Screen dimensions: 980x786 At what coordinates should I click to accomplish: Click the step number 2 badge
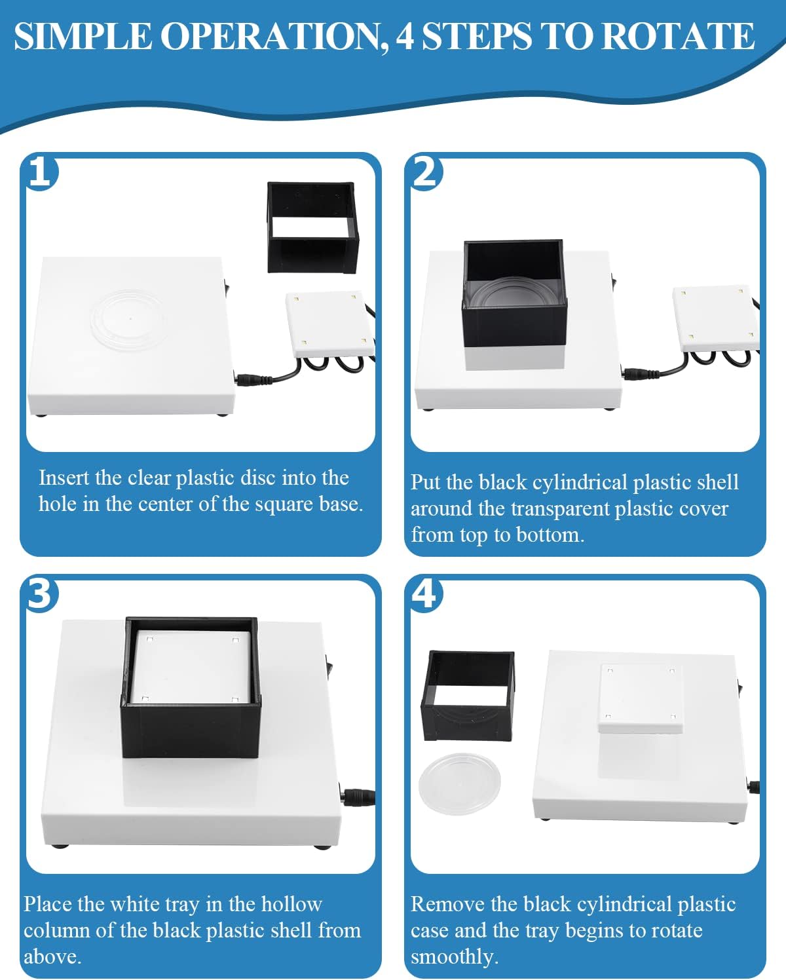(426, 172)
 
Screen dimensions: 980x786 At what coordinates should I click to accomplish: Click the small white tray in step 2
(714, 318)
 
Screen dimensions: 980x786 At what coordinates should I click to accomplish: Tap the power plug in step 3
(357, 797)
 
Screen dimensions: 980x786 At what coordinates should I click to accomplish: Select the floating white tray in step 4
(640, 698)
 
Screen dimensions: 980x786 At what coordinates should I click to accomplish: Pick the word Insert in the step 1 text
(64, 478)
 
